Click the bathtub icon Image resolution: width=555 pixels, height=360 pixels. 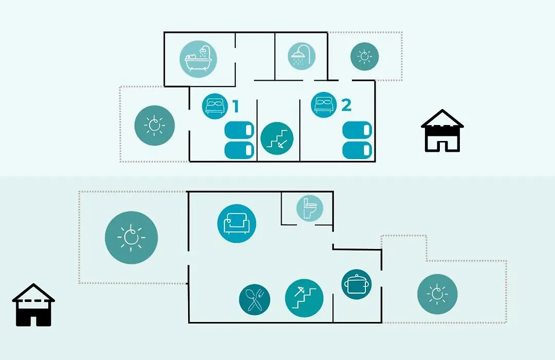tap(198, 59)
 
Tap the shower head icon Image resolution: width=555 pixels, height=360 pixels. tap(301, 57)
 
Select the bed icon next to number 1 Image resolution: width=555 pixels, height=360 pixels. tap(215, 106)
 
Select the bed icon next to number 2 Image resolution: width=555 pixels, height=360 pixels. tap(324, 104)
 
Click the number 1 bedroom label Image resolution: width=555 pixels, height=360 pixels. tap(235, 106)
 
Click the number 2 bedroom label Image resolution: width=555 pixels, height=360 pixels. tap(346, 105)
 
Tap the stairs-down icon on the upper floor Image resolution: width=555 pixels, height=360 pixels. tap(277, 138)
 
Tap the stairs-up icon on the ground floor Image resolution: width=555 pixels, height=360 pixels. tap(304, 298)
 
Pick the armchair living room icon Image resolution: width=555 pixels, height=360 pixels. tap(237, 224)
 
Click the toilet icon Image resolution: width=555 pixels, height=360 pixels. tap(310, 208)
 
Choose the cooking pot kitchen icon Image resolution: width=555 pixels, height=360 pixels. tap(357, 284)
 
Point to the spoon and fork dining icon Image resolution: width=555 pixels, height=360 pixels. tap(254, 300)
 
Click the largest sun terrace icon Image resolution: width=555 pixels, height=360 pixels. tap(132, 238)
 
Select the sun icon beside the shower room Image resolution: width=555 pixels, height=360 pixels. tap(364, 57)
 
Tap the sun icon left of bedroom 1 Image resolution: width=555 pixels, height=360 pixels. tap(155, 125)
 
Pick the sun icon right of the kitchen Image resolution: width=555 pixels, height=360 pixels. tap(437, 294)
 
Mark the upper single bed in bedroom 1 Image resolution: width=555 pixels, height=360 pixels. tap(239, 130)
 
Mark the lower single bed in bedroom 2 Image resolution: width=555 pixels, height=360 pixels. tap(358, 150)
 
